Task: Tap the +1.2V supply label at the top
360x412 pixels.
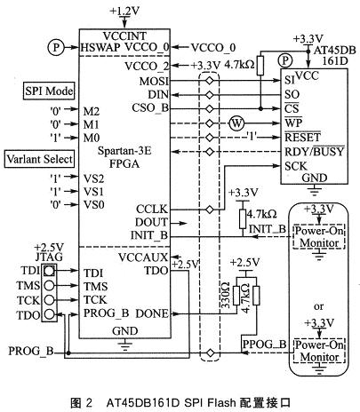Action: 125,9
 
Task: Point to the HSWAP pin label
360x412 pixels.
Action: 99,45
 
